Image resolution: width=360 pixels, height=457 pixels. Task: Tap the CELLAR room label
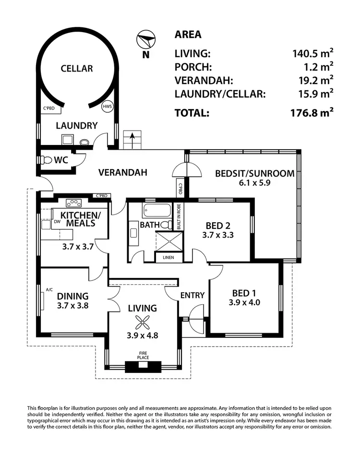(77, 69)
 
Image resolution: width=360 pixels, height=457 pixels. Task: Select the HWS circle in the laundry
(107, 107)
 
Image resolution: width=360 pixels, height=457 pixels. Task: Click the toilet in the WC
(47, 159)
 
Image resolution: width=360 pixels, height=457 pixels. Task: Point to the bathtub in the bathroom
(156, 211)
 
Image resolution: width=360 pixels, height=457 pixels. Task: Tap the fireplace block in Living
(143, 366)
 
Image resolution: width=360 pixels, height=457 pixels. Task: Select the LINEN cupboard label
(168, 257)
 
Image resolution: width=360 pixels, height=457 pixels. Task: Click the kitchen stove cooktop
(74, 203)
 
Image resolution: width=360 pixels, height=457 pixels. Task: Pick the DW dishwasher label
(57, 222)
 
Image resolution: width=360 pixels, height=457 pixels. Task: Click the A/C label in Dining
(49, 289)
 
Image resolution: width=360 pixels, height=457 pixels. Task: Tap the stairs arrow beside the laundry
(132, 140)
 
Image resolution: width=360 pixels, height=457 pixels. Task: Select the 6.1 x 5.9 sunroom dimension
(254, 183)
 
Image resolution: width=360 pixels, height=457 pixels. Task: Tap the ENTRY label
(192, 295)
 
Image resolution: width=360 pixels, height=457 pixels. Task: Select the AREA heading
(188, 35)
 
